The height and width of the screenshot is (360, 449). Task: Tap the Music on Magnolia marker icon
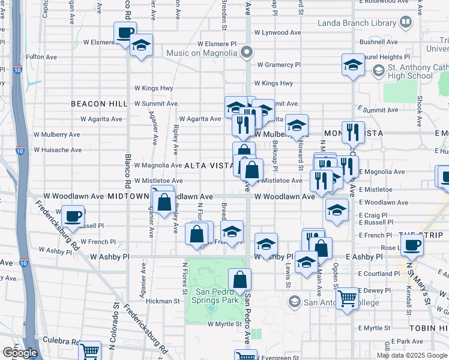(246, 53)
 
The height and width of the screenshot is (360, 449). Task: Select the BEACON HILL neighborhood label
(99, 104)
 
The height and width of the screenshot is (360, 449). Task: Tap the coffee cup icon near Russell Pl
(73, 215)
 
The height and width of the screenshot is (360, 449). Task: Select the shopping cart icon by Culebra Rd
(90, 350)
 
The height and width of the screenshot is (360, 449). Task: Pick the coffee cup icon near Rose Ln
(412, 244)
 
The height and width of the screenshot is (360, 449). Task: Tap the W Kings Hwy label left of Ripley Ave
(154, 88)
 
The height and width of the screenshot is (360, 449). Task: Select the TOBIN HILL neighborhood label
(429, 328)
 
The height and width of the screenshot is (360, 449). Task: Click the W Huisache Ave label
(58, 149)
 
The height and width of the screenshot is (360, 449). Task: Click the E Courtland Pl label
(377, 274)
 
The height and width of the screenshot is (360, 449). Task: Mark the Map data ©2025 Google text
(412, 355)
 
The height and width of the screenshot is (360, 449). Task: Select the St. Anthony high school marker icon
(378, 71)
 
